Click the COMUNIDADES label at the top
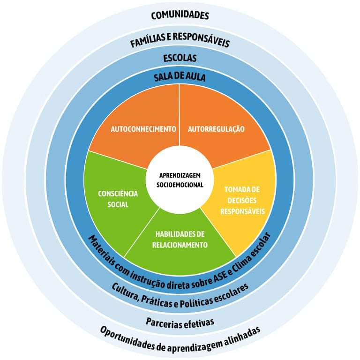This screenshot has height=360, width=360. (180, 15)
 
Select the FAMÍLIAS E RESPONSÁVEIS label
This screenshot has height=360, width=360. (180, 43)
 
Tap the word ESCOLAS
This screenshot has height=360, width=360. (180, 59)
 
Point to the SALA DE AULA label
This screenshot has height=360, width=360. (180, 76)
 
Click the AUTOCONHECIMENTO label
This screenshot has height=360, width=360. (143, 128)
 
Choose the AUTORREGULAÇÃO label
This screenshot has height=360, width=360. (216, 128)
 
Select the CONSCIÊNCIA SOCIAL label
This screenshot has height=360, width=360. (111, 199)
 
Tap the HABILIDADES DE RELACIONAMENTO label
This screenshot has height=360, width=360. (180, 239)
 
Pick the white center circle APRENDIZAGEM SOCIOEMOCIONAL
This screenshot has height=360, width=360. (180, 180)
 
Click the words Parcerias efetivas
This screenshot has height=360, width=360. (180, 322)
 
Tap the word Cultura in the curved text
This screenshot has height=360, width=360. (122, 293)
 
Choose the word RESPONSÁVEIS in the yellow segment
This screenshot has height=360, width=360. (242, 211)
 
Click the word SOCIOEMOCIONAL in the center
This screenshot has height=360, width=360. (180, 185)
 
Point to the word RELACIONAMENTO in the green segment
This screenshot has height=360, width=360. (180, 244)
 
